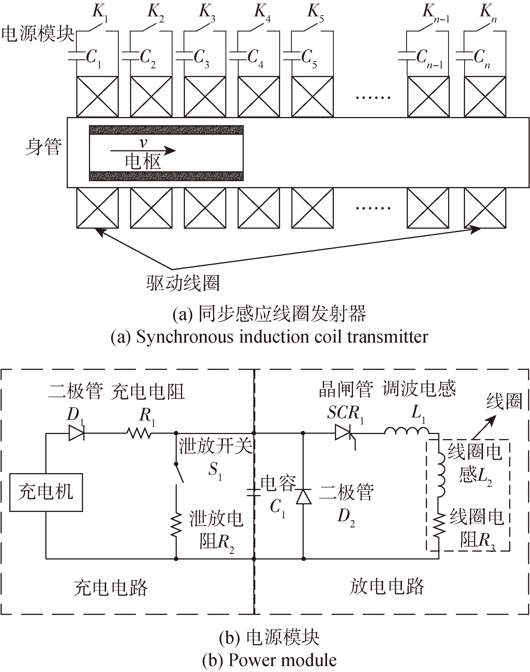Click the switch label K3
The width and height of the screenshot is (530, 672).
point(207,13)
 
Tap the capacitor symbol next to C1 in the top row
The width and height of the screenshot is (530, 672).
point(76,55)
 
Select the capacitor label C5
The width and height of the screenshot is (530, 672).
point(309,59)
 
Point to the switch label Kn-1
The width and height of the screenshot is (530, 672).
point(436,13)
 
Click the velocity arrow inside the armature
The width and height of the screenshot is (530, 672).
point(143,151)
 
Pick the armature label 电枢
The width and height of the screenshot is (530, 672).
point(143,162)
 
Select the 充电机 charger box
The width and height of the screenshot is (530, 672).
point(46,492)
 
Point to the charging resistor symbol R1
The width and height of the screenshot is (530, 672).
point(139,433)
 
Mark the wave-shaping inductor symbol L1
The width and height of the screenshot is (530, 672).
point(407,430)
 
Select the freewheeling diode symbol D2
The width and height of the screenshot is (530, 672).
point(303,496)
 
